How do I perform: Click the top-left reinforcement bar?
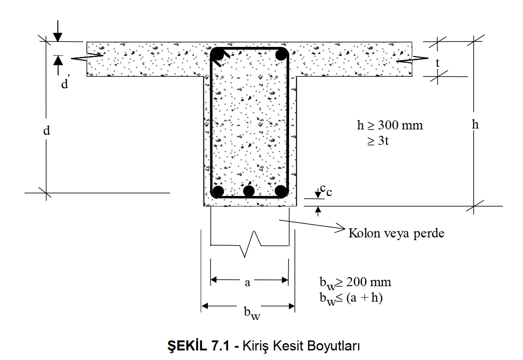218,54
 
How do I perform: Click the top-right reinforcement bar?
281,54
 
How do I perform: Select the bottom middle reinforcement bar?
249,191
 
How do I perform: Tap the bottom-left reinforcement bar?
218,192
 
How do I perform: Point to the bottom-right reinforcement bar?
281,192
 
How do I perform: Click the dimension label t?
438,63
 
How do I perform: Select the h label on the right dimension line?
475,124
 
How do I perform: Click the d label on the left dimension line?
47,130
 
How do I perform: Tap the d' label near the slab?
65,83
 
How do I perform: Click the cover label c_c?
326,190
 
